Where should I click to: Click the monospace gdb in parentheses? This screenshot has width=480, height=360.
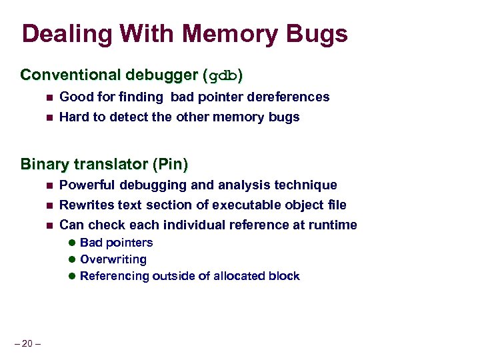223,75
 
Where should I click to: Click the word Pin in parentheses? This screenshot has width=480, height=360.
172,163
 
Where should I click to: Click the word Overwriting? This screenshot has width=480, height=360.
113,259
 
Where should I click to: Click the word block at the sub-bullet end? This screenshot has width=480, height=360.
285,276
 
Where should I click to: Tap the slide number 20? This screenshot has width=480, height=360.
27,344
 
